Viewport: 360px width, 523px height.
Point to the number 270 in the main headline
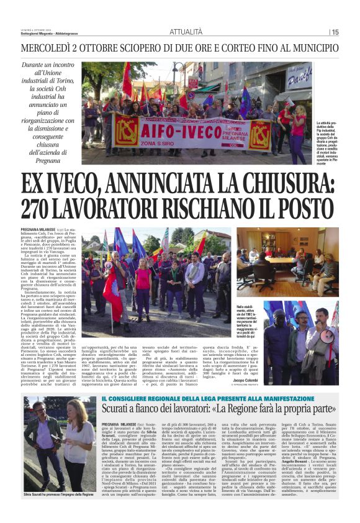(x=42, y=209)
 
